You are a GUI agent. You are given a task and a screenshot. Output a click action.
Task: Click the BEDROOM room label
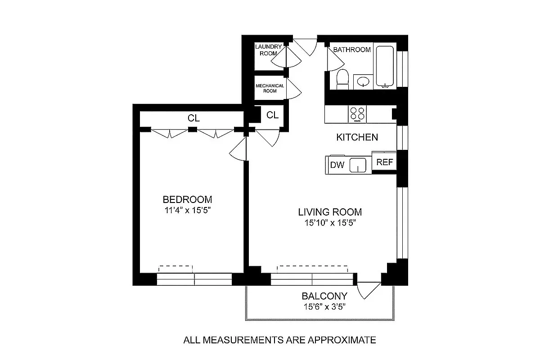click(x=187, y=199)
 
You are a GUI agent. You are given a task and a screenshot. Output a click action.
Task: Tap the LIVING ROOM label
click(x=330, y=212)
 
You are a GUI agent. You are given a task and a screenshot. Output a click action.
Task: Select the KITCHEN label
click(x=357, y=137)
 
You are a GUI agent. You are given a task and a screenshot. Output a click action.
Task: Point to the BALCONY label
click(x=324, y=296)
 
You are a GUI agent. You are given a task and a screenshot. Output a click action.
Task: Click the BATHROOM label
click(x=352, y=49)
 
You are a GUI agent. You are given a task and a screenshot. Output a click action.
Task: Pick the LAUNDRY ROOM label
click(x=269, y=49)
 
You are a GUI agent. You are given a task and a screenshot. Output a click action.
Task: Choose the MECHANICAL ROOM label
click(x=270, y=88)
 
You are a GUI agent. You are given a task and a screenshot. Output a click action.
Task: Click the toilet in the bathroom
click(x=343, y=79)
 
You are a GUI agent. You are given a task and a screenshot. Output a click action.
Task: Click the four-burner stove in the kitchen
click(x=358, y=113)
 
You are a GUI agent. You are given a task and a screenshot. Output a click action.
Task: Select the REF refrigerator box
click(x=384, y=162)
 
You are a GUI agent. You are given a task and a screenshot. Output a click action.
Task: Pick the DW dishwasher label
click(x=337, y=165)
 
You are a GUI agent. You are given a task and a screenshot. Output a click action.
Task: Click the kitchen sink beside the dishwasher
click(x=358, y=165)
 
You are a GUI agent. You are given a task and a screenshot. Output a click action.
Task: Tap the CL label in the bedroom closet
click(x=193, y=119)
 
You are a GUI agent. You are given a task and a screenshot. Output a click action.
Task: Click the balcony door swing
click(x=368, y=290)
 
